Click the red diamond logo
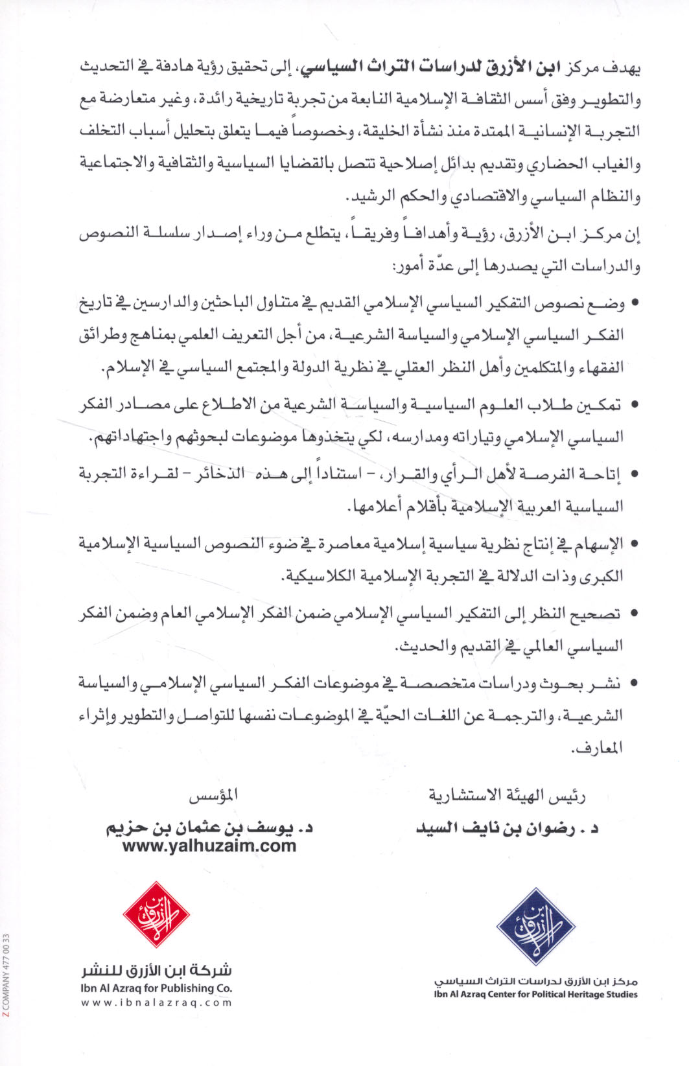[156, 915]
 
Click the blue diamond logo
[535, 926]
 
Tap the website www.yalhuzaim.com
[209, 846]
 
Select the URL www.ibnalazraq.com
[156, 1002]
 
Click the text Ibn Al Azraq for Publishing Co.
[156, 988]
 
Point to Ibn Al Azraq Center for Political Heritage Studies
[535, 994]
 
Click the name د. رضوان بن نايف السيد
[507, 828]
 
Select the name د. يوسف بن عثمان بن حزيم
[209, 828]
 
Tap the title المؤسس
[213, 796]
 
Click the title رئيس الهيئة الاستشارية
[507, 796]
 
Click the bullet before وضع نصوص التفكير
[634, 303]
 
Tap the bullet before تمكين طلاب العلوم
[634, 406]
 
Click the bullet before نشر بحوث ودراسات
[634, 683]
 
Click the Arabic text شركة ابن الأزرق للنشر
[156, 971]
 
